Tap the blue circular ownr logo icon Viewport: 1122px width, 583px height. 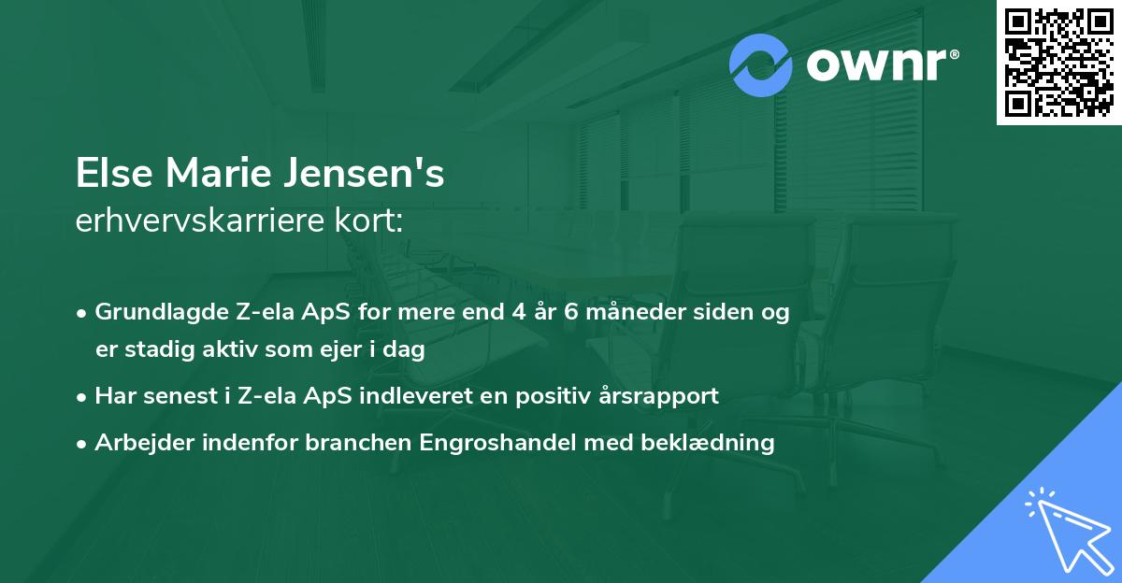761,65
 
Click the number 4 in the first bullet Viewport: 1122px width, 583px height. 518,312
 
